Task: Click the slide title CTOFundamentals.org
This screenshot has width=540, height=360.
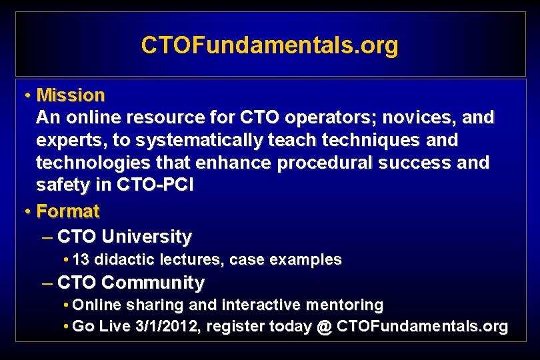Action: coord(269,45)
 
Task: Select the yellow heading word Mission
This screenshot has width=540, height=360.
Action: coord(71,95)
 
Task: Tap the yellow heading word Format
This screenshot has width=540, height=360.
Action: coord(68,211)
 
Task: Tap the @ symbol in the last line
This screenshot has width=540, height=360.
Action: coord(325,327)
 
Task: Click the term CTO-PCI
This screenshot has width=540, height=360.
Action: coord(155,186)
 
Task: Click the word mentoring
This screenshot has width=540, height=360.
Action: coord(347,305)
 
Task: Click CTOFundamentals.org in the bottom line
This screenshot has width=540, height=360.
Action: coord(422,327)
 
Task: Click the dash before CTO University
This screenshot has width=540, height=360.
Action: coord(47,237)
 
